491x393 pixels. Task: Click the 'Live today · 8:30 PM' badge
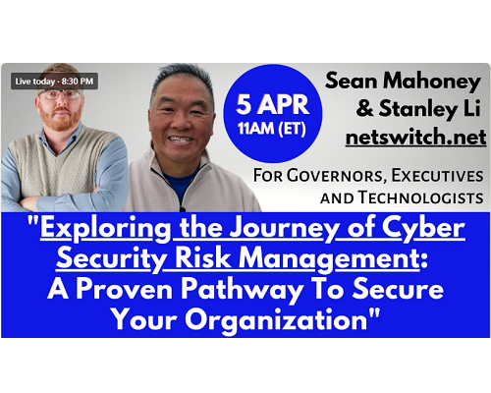coord(54,81)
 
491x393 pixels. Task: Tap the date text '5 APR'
coord(273,104)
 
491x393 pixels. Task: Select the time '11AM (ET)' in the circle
coord(272,129)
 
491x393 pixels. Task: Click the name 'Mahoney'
coord(432,82)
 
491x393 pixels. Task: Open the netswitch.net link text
coord(415,138)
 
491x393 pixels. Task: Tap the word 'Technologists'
coord(420,197)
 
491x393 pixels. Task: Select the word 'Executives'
coord(438,176)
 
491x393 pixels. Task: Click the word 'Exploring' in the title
coord(106,229)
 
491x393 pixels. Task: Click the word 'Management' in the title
coord(329,259)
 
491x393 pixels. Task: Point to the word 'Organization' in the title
coord(276,319)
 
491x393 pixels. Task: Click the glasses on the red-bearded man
coord(60,95)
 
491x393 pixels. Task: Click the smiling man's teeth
coord(181,140)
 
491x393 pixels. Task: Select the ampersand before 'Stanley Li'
coord(364,109)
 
